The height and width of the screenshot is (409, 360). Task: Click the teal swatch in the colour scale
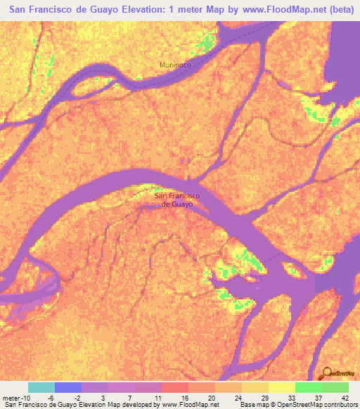41,387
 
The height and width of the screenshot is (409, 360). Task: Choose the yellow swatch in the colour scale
281,387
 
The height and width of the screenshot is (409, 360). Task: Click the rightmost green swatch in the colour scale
335,387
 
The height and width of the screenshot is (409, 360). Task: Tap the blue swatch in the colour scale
68,387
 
